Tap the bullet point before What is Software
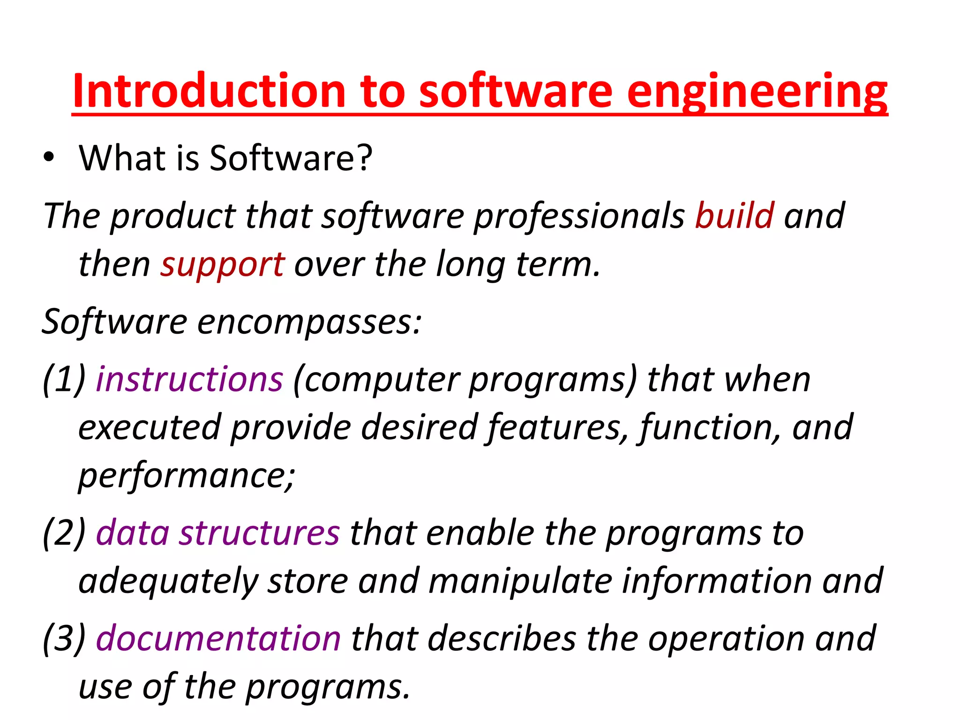49,158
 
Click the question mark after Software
364,158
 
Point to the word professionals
579,217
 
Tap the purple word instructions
189,379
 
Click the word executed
150,427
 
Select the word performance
186,476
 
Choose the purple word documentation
218,639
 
